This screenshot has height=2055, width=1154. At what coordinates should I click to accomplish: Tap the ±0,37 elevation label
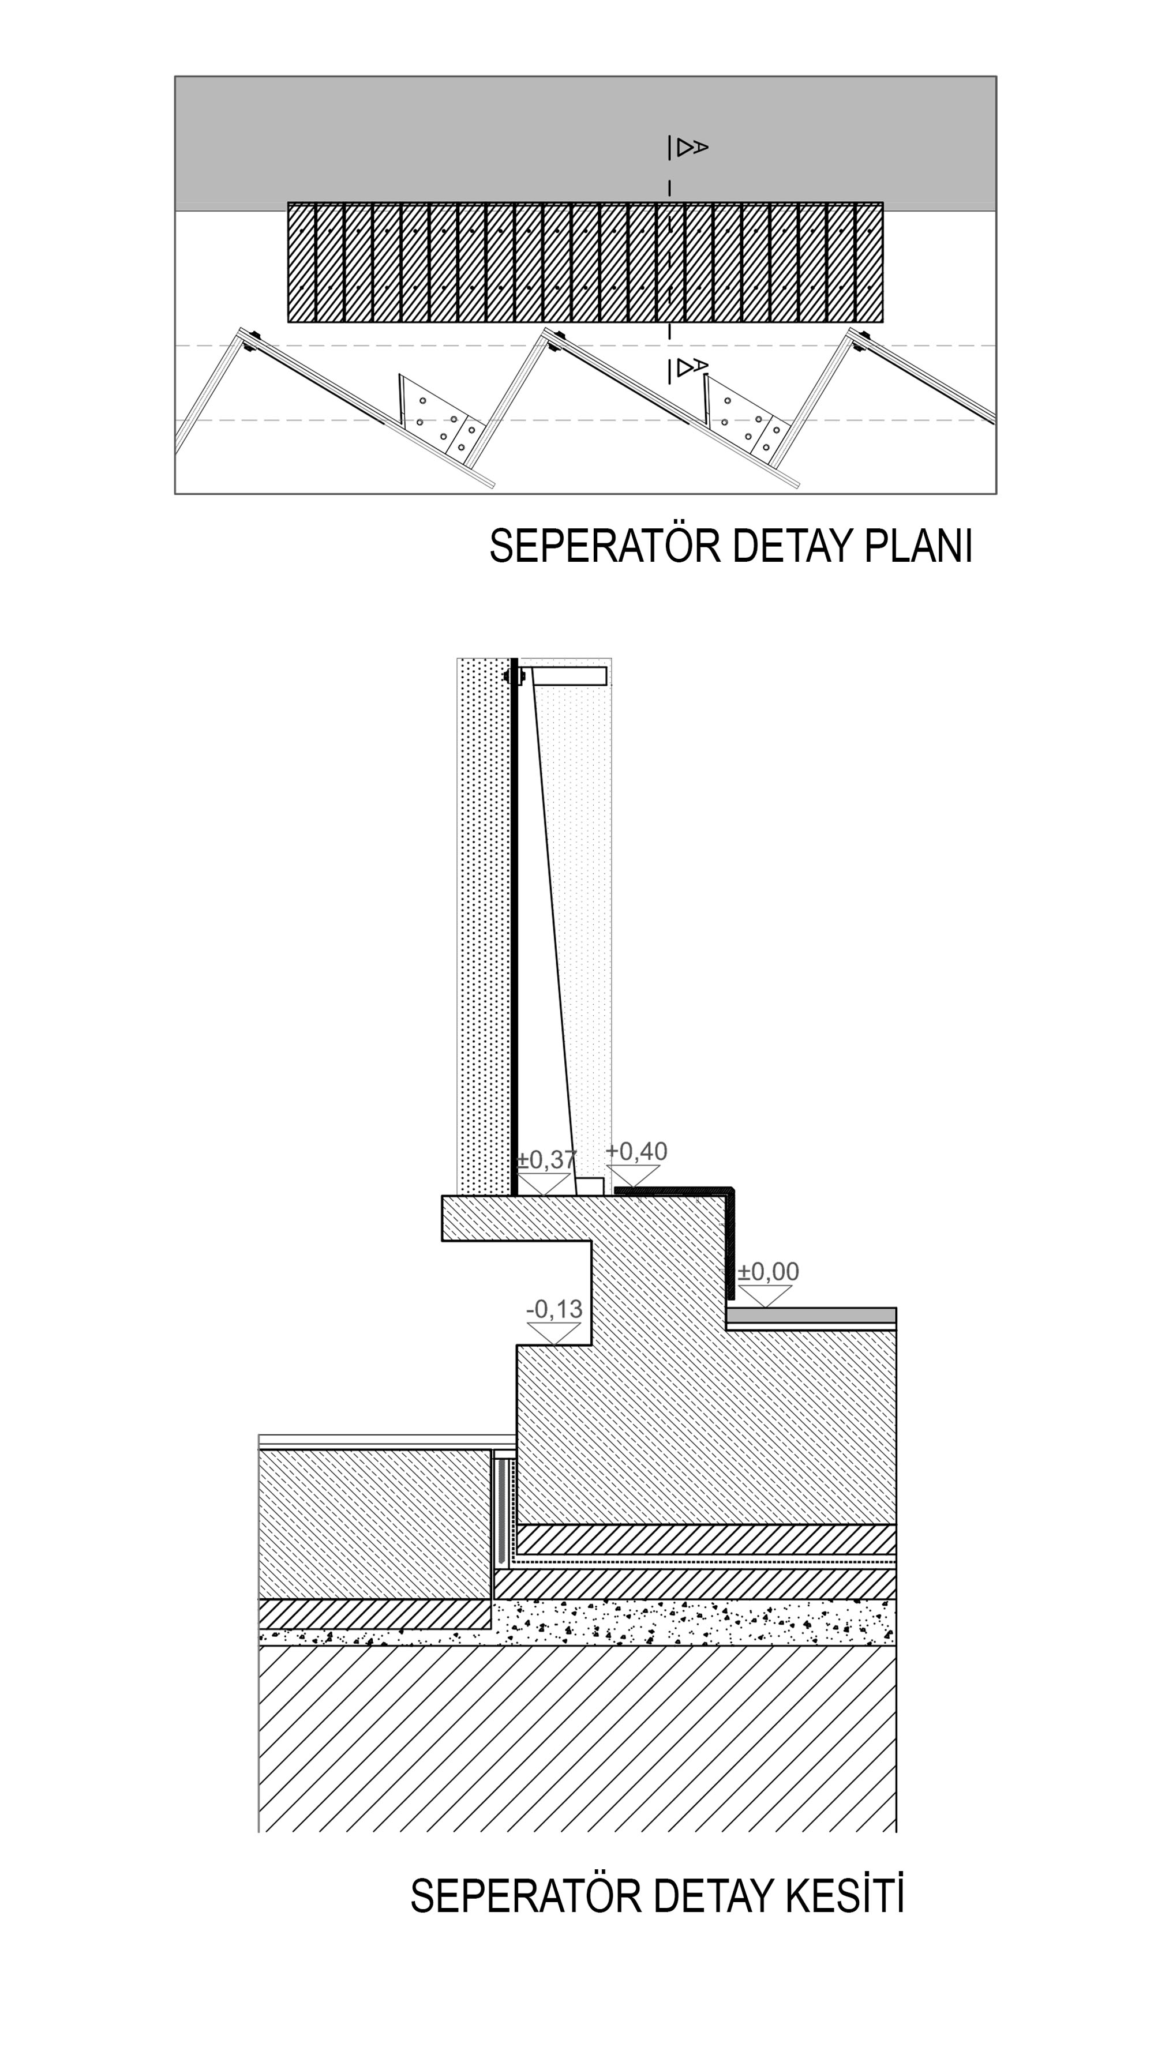point(546,1159)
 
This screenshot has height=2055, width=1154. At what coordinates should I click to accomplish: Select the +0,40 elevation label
point(636,1151)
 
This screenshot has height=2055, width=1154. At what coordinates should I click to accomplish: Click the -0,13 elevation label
point(554,1309)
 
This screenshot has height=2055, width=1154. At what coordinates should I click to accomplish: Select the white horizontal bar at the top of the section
point(569,677)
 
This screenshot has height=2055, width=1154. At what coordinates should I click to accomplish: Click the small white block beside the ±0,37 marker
point(589,1186)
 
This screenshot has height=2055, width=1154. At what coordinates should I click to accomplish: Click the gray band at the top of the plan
point(586,144)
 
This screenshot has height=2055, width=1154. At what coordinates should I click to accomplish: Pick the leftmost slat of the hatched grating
point(302,262)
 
